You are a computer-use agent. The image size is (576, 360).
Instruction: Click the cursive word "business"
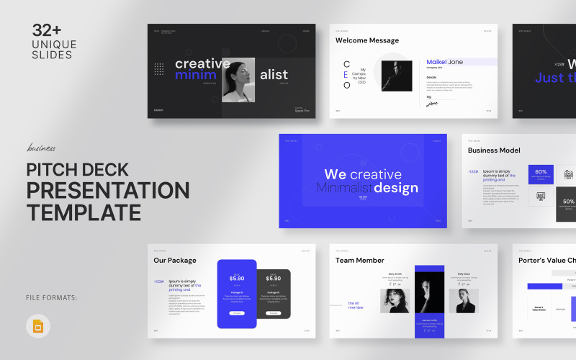[41, 149]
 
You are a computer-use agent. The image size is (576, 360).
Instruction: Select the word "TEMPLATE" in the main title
[84, 212]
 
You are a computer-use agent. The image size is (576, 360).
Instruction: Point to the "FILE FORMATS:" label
[54, 297]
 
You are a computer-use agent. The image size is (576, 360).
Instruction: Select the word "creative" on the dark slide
[202, 63]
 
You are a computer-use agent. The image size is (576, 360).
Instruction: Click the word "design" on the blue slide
[395, 189]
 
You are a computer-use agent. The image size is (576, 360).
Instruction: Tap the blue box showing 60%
[541, 174]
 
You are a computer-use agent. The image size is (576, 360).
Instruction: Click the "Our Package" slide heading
[174, 261]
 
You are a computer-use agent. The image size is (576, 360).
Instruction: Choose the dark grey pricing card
[273, 294]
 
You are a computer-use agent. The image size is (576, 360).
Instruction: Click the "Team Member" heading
[360, 261]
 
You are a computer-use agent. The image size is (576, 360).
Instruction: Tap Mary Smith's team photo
[395, 300]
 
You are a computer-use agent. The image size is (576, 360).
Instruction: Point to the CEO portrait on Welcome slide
[396, 75]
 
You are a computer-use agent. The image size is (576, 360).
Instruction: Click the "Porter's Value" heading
[546, 261]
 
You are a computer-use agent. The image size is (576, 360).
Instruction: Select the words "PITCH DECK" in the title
[77, 171]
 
